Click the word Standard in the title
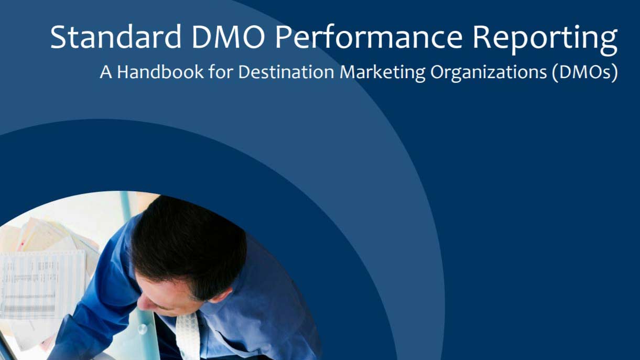pyautogui.click(x=116, y=37)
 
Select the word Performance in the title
pyautogui.click(x=369, y=37)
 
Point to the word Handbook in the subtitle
pyautogui.click(x=160, y=72)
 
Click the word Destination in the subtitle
pyautogui.click(x=286, y=72)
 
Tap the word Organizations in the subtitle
pyautogui.click(x=489, y=73)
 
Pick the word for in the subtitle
pyautogui.click(x=221, y=72)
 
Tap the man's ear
pyautogui.click(x=221, y=296)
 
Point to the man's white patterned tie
pyautogui.click(x=188, y=336)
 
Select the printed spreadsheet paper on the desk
pyautogui.click(x=43, y=286)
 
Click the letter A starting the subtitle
pyautogui.click(x=106, y=72)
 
